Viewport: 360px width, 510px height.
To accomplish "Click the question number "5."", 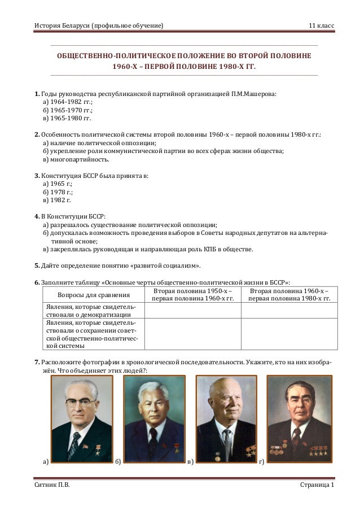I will tap(37, 266).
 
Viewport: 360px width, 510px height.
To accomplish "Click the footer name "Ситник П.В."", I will tap(52, 486).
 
